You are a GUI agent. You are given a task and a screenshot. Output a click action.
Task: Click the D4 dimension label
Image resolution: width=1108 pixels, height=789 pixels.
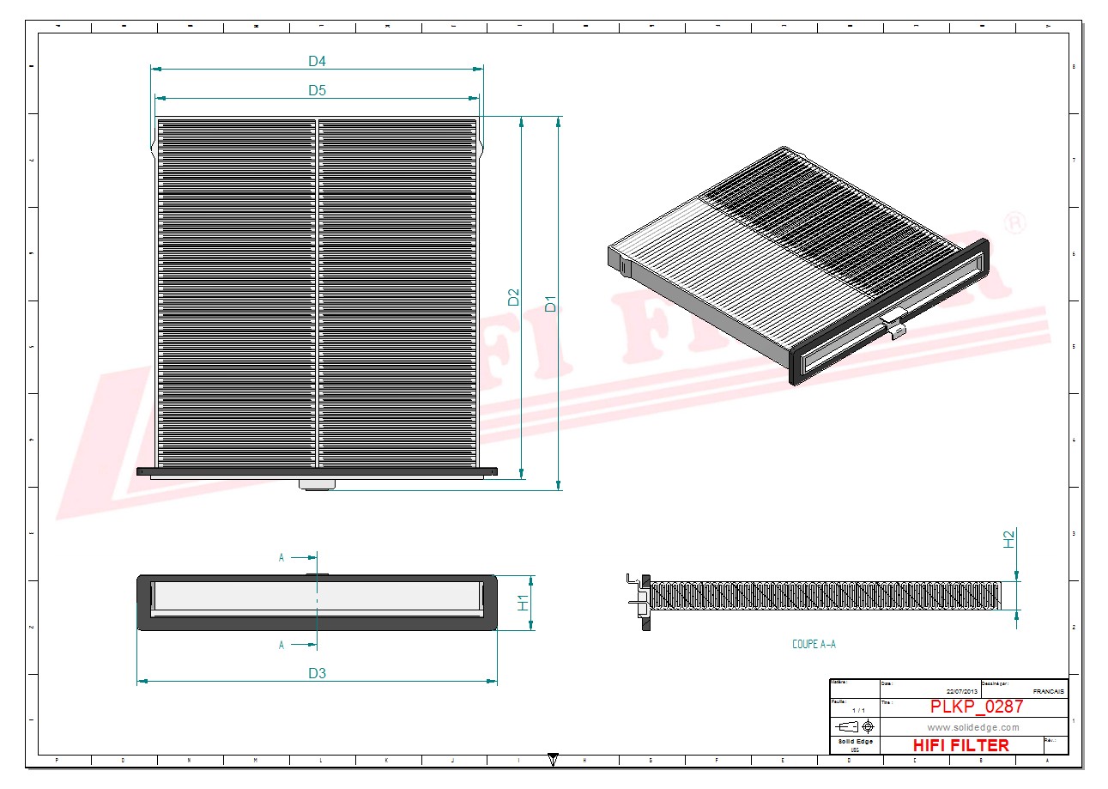point(318,61)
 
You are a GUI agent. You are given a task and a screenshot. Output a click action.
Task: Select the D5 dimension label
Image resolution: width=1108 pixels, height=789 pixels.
point(318,90)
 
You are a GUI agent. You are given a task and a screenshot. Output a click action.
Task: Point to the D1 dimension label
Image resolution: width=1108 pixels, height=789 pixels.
point(551,304)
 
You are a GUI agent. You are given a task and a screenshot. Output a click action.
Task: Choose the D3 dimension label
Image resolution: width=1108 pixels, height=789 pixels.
point(318,673)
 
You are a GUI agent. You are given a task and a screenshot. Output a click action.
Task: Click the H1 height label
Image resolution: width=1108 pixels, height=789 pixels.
point(523,602)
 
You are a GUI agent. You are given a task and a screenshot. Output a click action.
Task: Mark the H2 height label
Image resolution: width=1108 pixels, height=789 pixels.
point(1009,539)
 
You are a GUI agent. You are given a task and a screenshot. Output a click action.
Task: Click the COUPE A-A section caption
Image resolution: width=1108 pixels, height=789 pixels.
point(813,644)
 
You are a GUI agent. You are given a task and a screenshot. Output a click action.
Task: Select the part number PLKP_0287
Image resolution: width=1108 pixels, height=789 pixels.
point(977,707)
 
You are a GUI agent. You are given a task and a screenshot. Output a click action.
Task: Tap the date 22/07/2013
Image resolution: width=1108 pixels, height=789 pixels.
point(962,691)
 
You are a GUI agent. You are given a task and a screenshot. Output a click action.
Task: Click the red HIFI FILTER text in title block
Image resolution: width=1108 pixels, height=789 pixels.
point(960,745)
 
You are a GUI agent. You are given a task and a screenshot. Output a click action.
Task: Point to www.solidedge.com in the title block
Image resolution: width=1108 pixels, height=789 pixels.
point(973,727)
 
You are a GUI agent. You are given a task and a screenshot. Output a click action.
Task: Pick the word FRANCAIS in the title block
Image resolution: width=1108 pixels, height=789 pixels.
point(1048,691)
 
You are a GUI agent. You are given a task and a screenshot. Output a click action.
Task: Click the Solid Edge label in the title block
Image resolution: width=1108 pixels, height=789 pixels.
point(855,741)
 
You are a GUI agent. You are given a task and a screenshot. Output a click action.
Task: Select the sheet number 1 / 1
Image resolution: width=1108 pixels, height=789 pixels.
point(858,711)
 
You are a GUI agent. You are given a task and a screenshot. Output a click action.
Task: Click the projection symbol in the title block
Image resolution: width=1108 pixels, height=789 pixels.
point(854,726)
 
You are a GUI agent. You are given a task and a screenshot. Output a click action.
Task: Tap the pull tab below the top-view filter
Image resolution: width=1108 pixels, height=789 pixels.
point(317,484)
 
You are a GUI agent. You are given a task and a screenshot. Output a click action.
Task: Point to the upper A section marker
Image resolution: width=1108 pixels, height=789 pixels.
point(282,557)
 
